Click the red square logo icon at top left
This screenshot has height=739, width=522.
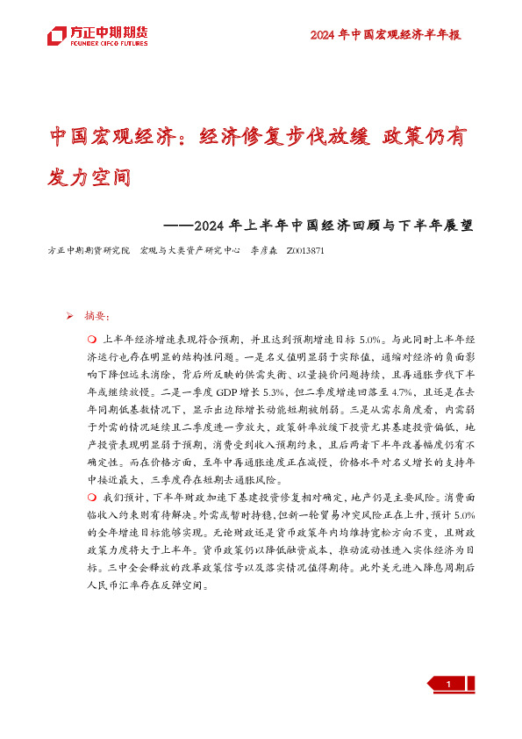coord(57,36)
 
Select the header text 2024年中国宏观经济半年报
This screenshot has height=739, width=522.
coord(386,35)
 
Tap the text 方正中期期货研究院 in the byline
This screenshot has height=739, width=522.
coord(89,250)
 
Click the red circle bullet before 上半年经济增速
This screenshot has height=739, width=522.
coord(91,339)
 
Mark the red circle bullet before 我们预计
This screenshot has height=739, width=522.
coord(91,499)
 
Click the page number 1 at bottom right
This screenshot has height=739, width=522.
coord(448,685)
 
